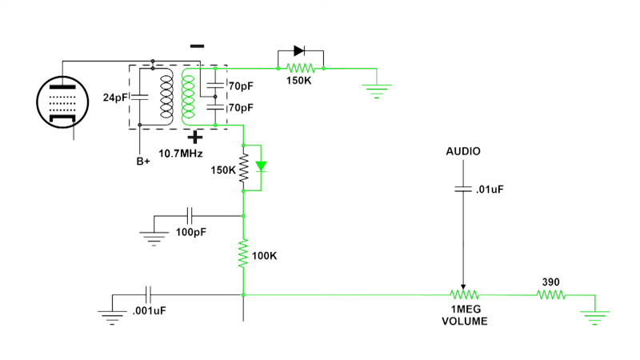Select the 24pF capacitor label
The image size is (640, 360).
point(115,98)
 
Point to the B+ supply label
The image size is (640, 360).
point(143,162)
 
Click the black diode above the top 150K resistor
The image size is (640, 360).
point(299,51)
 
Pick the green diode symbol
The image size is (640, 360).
point(261,167)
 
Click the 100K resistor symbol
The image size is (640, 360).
point(243,255)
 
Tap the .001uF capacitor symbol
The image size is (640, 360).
point(148,294)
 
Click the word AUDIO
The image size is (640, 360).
point(463,150)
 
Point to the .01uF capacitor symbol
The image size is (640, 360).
point(463,190)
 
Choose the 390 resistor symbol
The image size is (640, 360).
point(550,294)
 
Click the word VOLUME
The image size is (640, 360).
point(464,321)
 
